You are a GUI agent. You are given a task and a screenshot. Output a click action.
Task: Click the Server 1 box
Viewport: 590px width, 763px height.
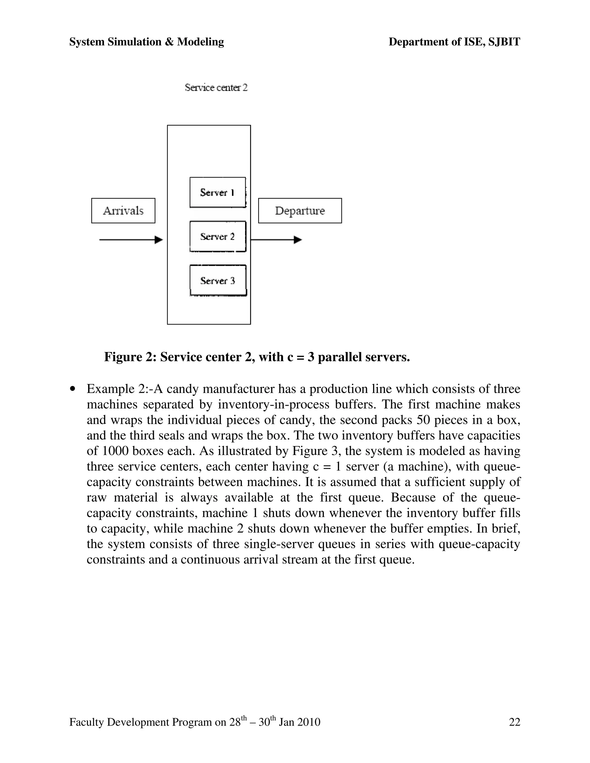tap(218, 193)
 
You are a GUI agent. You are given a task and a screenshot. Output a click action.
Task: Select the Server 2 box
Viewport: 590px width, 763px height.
tap(218, 236)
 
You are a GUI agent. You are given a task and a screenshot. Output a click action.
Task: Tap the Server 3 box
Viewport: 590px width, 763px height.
tap(218, 280)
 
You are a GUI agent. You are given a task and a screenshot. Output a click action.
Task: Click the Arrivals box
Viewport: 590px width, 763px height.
tap(123, 211)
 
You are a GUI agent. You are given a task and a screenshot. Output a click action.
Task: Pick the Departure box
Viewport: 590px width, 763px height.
tap(300, 211)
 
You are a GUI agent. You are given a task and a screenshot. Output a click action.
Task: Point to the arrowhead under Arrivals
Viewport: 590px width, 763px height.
tap(159, 240)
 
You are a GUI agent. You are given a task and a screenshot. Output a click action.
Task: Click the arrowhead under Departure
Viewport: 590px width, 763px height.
tap(298, 240)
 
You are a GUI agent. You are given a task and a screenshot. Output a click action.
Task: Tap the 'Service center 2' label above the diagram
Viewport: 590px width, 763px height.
tap(216, 87)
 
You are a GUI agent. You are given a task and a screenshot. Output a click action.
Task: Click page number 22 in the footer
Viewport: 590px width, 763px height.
tap(515, 722)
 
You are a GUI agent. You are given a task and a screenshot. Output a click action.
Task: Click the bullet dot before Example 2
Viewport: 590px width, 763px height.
tap(73, 389)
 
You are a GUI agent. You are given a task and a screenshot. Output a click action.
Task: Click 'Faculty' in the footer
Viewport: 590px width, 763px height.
tap(87, 722)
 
